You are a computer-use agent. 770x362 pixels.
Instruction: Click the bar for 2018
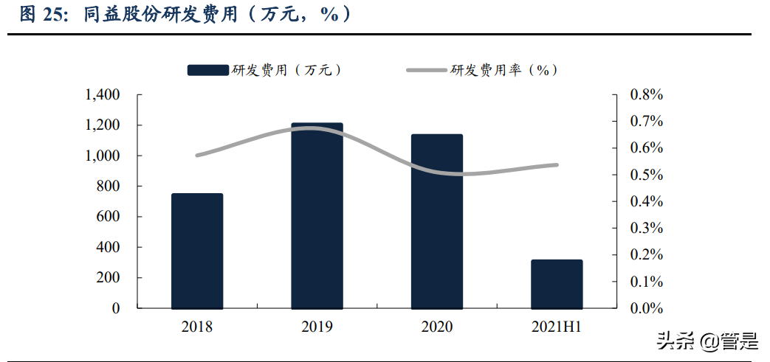[197, 251]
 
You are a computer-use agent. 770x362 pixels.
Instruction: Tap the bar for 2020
[437, 221]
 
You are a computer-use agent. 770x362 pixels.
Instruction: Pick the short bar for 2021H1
[557, 284]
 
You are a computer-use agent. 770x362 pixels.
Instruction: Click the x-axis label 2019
[317, 327]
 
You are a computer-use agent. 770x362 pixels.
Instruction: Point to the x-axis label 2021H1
[557, 327]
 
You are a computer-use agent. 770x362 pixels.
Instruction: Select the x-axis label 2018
[197, 327]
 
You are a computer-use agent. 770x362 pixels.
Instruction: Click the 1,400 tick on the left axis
[102, 95]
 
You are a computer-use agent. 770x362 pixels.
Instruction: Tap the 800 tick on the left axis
[108, 187]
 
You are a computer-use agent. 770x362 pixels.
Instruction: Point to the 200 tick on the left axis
[108, 278]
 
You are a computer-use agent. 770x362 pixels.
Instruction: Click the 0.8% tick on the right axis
[647, 95]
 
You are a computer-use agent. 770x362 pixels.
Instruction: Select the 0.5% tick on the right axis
[647, 175]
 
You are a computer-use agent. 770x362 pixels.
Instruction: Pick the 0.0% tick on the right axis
[647, 308]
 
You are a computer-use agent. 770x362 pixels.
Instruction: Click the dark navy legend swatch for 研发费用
[207, 70]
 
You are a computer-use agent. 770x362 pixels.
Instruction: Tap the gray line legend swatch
[427, 70]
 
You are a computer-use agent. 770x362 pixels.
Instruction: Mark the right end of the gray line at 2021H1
[556, 165]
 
